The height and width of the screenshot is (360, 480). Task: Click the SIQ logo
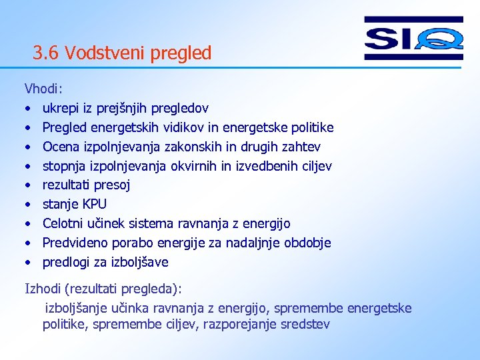tap(413, 38)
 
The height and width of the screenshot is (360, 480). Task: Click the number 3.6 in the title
tap(47, 53)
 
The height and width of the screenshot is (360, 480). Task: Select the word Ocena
tap(61, 147)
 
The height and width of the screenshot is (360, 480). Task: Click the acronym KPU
tap(93, 204)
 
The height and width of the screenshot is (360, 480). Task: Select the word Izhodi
tap(42, 289)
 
